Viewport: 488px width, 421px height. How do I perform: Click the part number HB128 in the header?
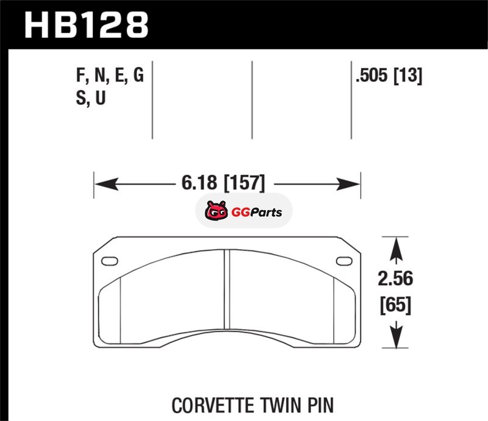pos(86,25)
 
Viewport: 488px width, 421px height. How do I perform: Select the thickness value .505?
pos(372,76)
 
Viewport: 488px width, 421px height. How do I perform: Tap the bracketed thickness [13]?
pos(408,76)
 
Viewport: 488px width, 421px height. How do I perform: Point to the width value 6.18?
pos(199,183)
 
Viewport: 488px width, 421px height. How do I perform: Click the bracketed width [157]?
pos(245,183)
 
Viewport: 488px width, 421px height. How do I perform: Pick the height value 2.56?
pos(395,278)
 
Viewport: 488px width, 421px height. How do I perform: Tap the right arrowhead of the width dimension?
pos(348,184)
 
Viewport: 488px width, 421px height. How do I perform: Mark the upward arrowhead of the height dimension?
pos(396,249)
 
